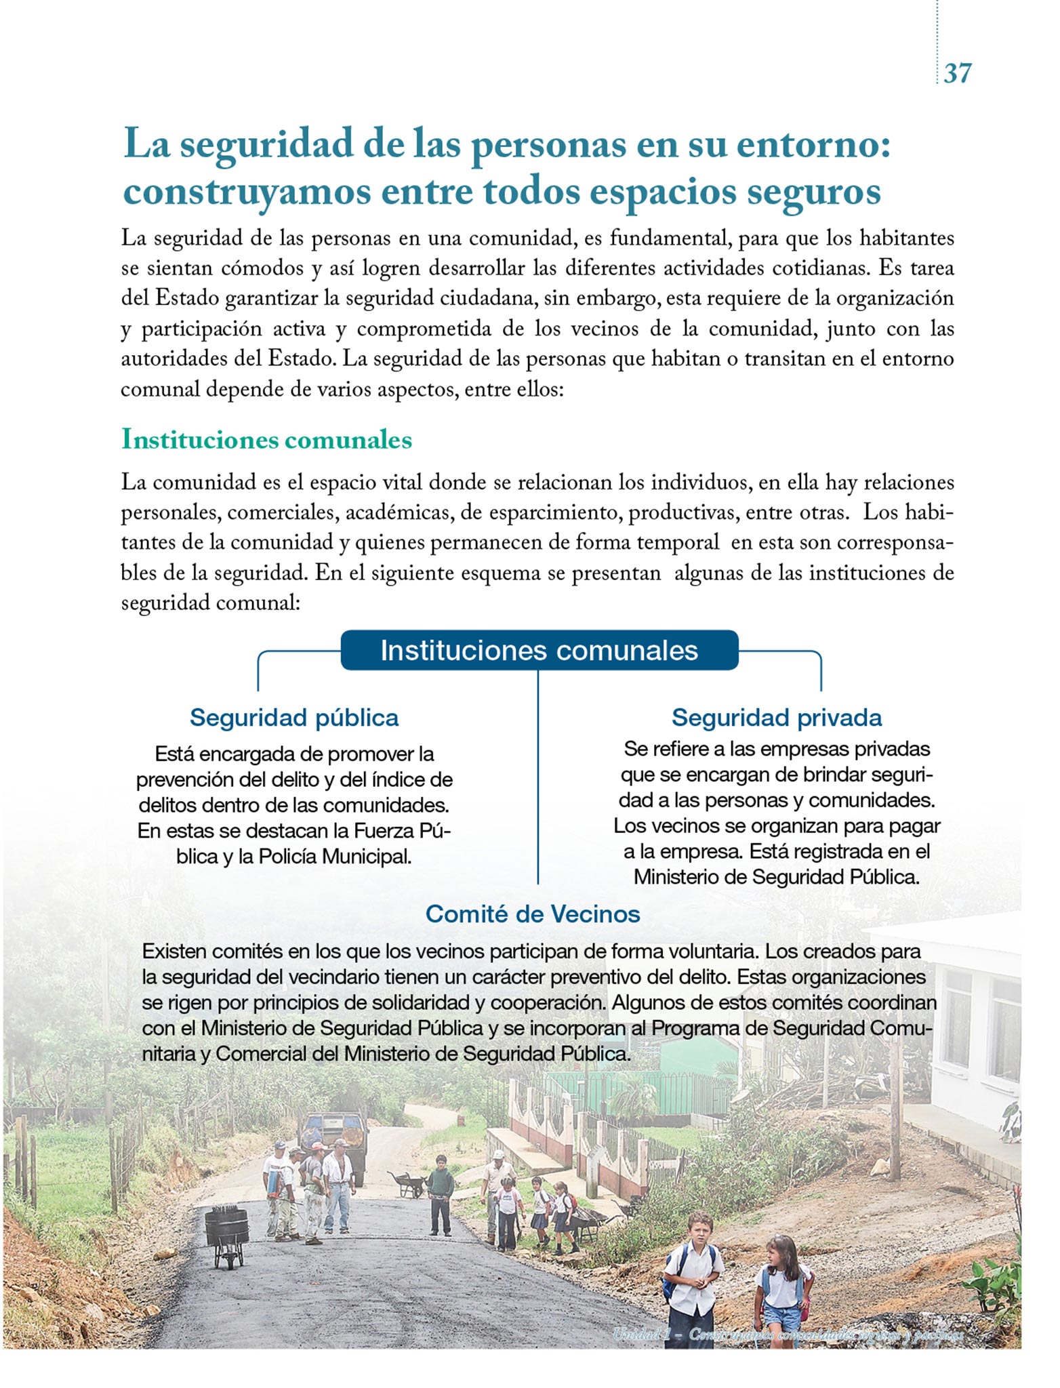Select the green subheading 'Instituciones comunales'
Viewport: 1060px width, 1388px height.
coord(266,440)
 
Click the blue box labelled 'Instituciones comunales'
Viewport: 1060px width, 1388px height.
coord(539,650)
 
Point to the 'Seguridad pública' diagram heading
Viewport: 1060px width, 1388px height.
coord(294,717)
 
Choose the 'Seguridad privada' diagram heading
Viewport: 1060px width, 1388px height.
coord(777,717)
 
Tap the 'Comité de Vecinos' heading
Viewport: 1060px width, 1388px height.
coord(533,914)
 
